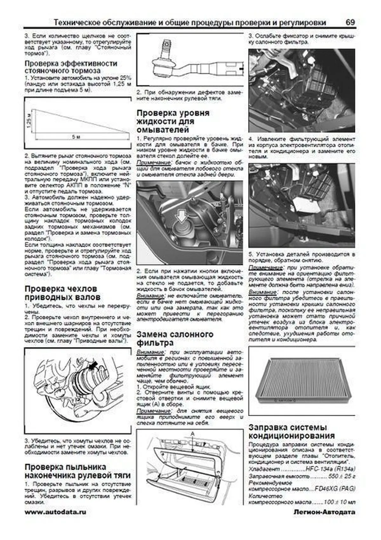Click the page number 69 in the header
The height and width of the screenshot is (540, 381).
click(x=350, y=23)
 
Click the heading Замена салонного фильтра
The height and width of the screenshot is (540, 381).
click(x=175, y=338)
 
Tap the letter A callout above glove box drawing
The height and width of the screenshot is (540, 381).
click(x=192, y=433)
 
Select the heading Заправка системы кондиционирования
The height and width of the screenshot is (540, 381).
click(x=291, y=431)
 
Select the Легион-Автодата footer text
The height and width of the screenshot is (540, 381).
click(x=324, y=512)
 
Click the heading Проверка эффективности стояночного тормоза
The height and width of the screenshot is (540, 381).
click(x=71, y=67)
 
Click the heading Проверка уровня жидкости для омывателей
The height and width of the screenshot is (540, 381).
click(x=173, y=121)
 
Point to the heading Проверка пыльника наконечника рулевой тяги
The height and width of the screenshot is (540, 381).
click(x=77, y=471)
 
